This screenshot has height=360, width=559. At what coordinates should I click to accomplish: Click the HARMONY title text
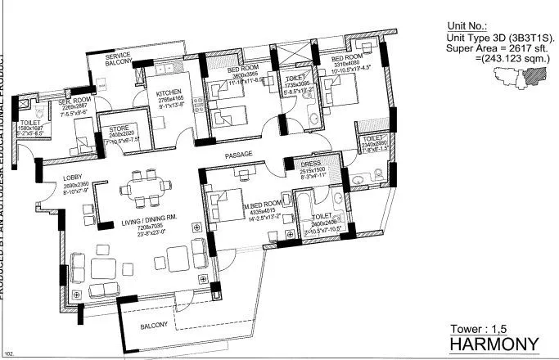point(493,343)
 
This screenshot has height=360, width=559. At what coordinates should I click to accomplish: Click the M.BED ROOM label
point(261,201)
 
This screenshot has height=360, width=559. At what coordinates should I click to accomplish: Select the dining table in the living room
point(147,187)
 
